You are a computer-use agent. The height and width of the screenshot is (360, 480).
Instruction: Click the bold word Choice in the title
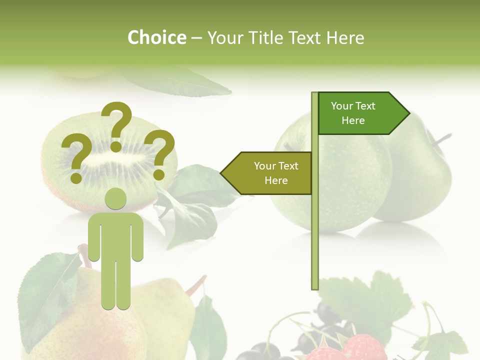156,37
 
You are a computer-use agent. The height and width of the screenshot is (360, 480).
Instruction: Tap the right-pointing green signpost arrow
362,113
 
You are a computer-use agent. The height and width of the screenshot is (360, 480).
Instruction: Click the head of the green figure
115,199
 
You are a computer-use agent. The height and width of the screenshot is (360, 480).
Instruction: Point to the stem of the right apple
442,138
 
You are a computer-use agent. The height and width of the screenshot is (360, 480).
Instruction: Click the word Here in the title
345,37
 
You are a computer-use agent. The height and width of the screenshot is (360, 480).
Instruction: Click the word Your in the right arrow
342,106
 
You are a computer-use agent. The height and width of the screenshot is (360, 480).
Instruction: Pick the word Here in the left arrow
276,180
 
